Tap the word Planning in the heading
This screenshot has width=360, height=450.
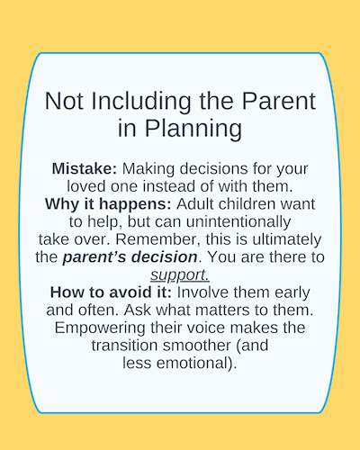click(x=193, y=130)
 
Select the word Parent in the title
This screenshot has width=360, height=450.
click(x=279, y=101)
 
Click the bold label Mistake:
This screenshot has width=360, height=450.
click(x=84, y=168)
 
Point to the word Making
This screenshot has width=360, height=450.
click(x=148, y=169)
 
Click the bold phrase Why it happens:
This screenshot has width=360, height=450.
click(x=108, y=204)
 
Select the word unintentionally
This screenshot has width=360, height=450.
click(x=238, y=222)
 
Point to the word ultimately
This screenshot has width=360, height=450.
click(x=287, y=240)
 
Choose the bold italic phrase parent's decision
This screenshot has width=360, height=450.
click(x=130, y=257)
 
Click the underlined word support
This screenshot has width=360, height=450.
click(x=180, y=275)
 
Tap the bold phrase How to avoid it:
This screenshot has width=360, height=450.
click(x=111, y=292)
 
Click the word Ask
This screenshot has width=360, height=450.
click(x=137, y=310)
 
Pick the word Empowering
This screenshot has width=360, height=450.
click(x=100, y=328)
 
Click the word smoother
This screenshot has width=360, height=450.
click(x=197, y=346)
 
